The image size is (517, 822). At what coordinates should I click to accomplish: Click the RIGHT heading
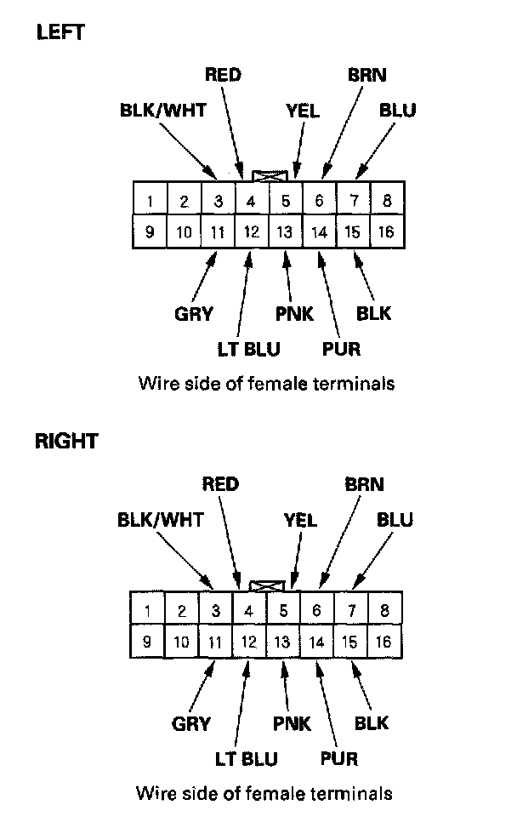pyautogui.click(x=65, y=441)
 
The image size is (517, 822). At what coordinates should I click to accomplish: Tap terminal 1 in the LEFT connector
pyautogui.click(x=150, y=202)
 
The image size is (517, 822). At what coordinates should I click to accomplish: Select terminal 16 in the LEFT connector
pyautogui.click(x=388, y=231)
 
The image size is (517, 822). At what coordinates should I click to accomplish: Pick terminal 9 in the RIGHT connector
pyautogui.click(x=147, y=642)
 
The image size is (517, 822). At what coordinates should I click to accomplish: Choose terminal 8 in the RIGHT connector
pyautogui.click(x=385, y=610)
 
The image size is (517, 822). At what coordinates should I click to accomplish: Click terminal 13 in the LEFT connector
pyautogui.click(x=286, y=231)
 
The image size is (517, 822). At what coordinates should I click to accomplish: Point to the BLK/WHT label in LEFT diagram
pyautogui.click(x=162, y=111)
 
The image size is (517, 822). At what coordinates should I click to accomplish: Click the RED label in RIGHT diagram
pyautogui.click(x=219, y=485)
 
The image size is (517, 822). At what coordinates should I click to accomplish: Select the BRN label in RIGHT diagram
pyautogui.click(x=364, y=485)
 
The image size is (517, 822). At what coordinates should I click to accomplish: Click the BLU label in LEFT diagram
pyautogui.click(x=397, y=111)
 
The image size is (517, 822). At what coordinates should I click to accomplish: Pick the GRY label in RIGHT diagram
pyautogui.click(x=191, y=724)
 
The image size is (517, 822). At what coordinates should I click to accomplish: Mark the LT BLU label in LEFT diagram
pyautogui.click(x=247, y=349)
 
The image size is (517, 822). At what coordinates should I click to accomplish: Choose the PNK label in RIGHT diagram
pyautogui.click(x=292, y=724)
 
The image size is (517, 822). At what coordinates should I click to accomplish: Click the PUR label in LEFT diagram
pyautogui.click(x=342, y=349)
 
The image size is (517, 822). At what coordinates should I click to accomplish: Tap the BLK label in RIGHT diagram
pyautogui.click(x=371, y=723)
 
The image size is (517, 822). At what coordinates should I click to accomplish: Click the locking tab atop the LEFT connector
pyautogui.click(x=270, y=175)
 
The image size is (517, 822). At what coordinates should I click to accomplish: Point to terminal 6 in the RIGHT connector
pyautogui.click(x=317, y=610)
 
